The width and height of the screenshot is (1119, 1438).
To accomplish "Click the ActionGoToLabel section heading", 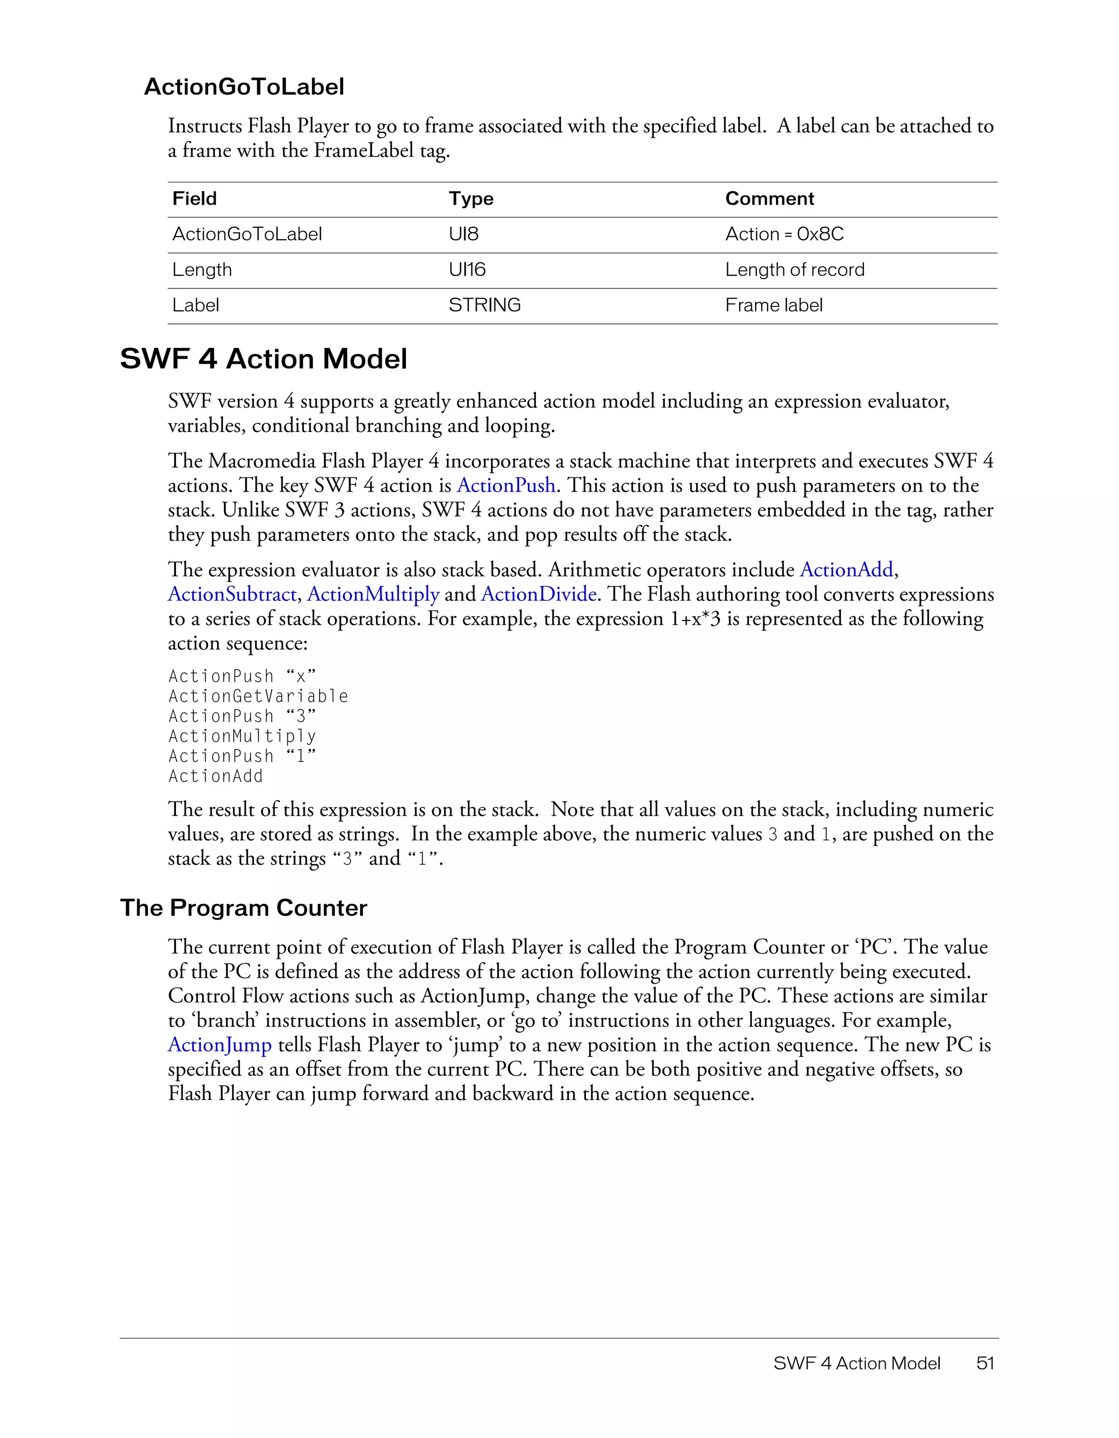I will pos(244,87).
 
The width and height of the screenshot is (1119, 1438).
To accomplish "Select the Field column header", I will pos(195,199).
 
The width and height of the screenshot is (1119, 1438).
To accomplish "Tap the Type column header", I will pos(471,199).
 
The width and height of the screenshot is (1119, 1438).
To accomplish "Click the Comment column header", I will pos(769,199).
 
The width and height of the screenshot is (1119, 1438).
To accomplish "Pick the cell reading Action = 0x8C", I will pos(784,234).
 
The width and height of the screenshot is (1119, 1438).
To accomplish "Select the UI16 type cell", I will pos(467,270).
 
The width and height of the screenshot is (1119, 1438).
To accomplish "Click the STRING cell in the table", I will pos(484,305).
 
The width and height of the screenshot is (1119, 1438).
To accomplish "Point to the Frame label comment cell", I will pos(773,305).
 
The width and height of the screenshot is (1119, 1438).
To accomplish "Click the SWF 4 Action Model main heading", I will pos(263,359).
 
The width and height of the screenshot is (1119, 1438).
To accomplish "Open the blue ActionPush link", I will pos(506,486).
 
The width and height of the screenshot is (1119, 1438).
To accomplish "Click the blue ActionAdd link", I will pos(846,570).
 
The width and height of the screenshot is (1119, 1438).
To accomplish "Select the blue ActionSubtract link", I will pos(232,595).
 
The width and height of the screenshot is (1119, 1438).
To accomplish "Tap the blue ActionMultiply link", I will pos(373,595).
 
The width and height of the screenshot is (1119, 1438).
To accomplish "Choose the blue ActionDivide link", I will pos(539,595).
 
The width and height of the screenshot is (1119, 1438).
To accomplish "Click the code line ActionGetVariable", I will pos(258,697).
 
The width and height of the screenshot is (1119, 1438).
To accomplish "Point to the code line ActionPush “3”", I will pos(242,717).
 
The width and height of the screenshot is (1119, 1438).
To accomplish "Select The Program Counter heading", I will pos(243,908).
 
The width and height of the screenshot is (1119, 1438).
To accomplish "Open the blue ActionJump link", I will pos(219,1045).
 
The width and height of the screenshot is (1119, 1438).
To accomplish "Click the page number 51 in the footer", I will pos(985,1363).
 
